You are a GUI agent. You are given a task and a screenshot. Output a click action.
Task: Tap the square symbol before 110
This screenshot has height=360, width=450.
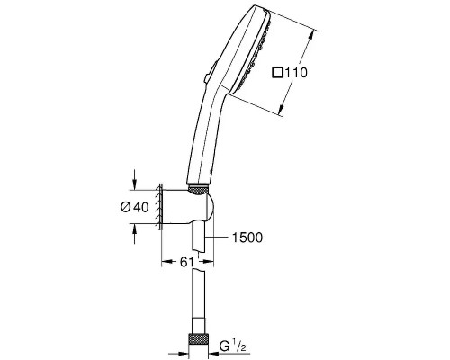tap(278, 73)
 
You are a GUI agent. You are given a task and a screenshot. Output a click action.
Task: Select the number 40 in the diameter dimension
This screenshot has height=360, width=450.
tap(142, 207)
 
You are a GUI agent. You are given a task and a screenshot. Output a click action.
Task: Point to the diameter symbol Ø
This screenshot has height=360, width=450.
tap(126, 207)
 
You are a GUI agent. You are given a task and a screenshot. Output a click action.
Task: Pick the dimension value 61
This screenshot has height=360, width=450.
tap(184, 262)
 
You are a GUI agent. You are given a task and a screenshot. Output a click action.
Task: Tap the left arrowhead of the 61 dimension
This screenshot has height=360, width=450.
tap(165, 262)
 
